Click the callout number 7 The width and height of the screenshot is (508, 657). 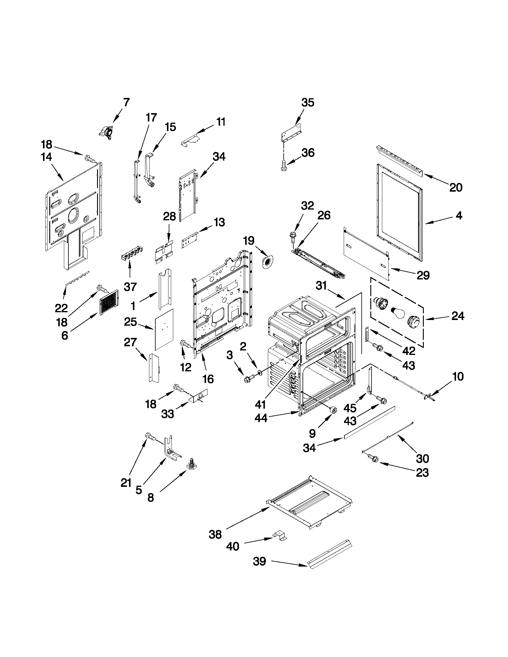coord(126,102)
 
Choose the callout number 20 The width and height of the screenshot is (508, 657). coord(456,187)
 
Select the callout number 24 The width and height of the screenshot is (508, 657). coord(458,316)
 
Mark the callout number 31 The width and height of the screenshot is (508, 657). coord(321,285)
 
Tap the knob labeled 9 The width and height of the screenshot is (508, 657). coord(333,410)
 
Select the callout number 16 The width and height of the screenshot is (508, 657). coord(208,379)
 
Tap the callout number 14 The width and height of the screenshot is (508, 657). coord(47,157)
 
